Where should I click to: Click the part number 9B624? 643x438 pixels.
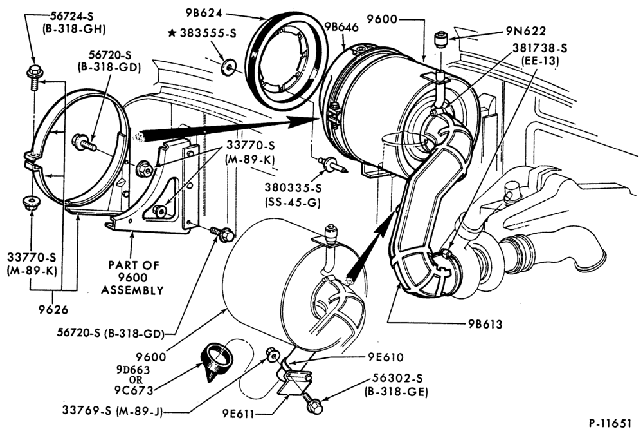203,13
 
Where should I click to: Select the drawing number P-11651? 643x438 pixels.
610,423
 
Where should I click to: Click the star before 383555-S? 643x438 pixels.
172,33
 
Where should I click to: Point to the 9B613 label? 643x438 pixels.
485,324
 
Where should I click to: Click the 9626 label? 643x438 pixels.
53,309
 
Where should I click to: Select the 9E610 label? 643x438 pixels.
385,357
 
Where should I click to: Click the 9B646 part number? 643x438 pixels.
341,26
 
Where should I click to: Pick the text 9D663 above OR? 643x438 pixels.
132,369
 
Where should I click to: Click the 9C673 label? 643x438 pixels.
134,390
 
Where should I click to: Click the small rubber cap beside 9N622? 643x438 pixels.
440,39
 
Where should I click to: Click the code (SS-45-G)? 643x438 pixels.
293,202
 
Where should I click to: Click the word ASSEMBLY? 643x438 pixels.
132,290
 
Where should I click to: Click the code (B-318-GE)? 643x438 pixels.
396,392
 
